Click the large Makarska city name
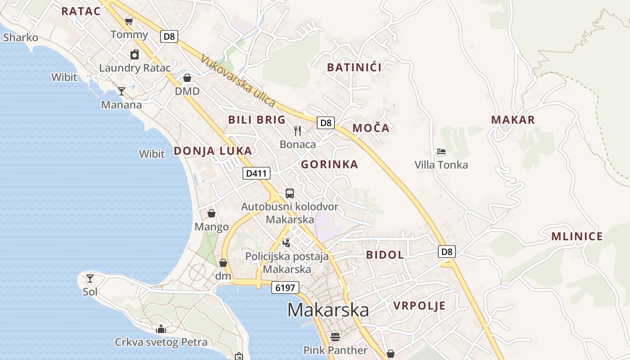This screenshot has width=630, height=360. click(x=328, y=310)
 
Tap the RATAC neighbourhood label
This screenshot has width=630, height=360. click(x=81, y=11)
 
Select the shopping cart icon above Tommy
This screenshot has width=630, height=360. click(x=129, y=21)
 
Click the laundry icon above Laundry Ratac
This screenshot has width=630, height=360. click(x=135, y=55)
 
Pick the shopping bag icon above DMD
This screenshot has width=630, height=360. click(x=187, y=78)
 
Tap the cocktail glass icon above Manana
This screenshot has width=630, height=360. click(x=121, y=91)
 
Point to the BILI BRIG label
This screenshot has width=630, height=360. click(x=257, y=120)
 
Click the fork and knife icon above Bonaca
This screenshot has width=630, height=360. click(x=297, y=131)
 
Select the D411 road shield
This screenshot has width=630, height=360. click(x=256, y=173)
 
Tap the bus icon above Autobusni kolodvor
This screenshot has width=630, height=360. click(x=290, y=193)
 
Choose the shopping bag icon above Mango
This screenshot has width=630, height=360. click(x=211, y=213)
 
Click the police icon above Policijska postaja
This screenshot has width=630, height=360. click(x=286, y=243)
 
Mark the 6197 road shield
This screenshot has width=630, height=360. click(x=285, y=288)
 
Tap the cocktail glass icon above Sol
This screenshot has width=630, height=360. click(x=90, y=279)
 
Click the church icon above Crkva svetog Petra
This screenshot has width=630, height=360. click(x=161, y=329)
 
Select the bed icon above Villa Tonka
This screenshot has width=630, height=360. click(x=441, y=152)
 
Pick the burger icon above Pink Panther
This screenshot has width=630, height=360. click(x=335, y=337)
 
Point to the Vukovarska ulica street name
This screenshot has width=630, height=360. click(x=238, y=81)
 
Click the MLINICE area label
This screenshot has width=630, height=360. click(x=577, y=237)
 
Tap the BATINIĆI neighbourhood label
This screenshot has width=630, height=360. click(x=354, y=67)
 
